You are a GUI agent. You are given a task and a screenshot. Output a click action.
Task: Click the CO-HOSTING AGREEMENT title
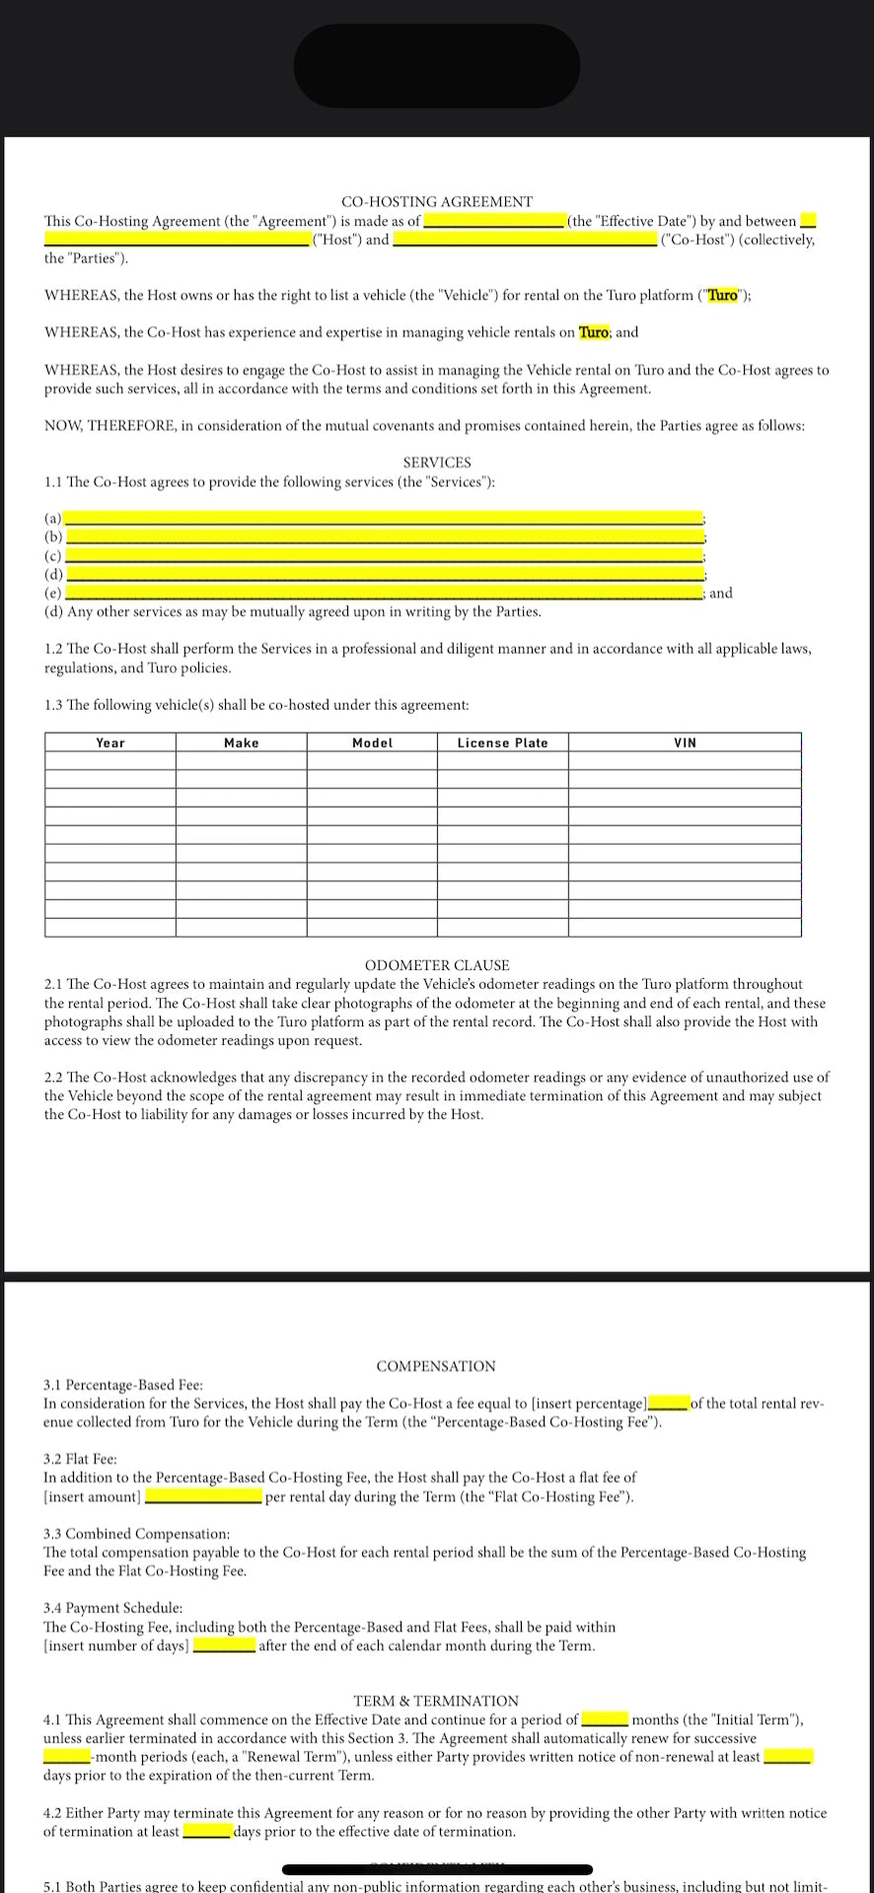[436, 202]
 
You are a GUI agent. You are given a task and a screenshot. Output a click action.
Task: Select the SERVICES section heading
[437, 462]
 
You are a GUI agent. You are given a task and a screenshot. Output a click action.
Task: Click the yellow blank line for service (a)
[383, 519]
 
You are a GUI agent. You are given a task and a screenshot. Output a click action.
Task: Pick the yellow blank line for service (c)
[383, 556]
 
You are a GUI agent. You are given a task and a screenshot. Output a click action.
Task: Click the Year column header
[110, 743]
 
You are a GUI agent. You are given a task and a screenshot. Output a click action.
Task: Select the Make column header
[241, 743]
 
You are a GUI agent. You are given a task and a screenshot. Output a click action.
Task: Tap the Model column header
[372, 743]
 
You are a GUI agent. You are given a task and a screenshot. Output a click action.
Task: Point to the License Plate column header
[502, 743]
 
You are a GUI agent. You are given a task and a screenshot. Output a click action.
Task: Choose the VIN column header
[685, 743]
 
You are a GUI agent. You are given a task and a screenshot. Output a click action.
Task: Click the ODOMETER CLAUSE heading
[437, 965]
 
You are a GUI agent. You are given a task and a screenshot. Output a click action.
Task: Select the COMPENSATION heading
[436, 1367]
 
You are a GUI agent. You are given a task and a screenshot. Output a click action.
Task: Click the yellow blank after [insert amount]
[203, 1497]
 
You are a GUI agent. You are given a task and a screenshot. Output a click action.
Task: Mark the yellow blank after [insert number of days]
[224, 1646]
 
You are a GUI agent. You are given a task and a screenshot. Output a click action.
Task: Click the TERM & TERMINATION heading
[436, 1701]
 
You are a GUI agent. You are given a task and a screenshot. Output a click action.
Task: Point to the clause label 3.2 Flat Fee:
[80, 1459]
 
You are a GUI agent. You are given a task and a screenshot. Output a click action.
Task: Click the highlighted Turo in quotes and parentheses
[723, 296]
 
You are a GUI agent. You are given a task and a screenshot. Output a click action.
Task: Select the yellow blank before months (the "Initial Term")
[605, 1719]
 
